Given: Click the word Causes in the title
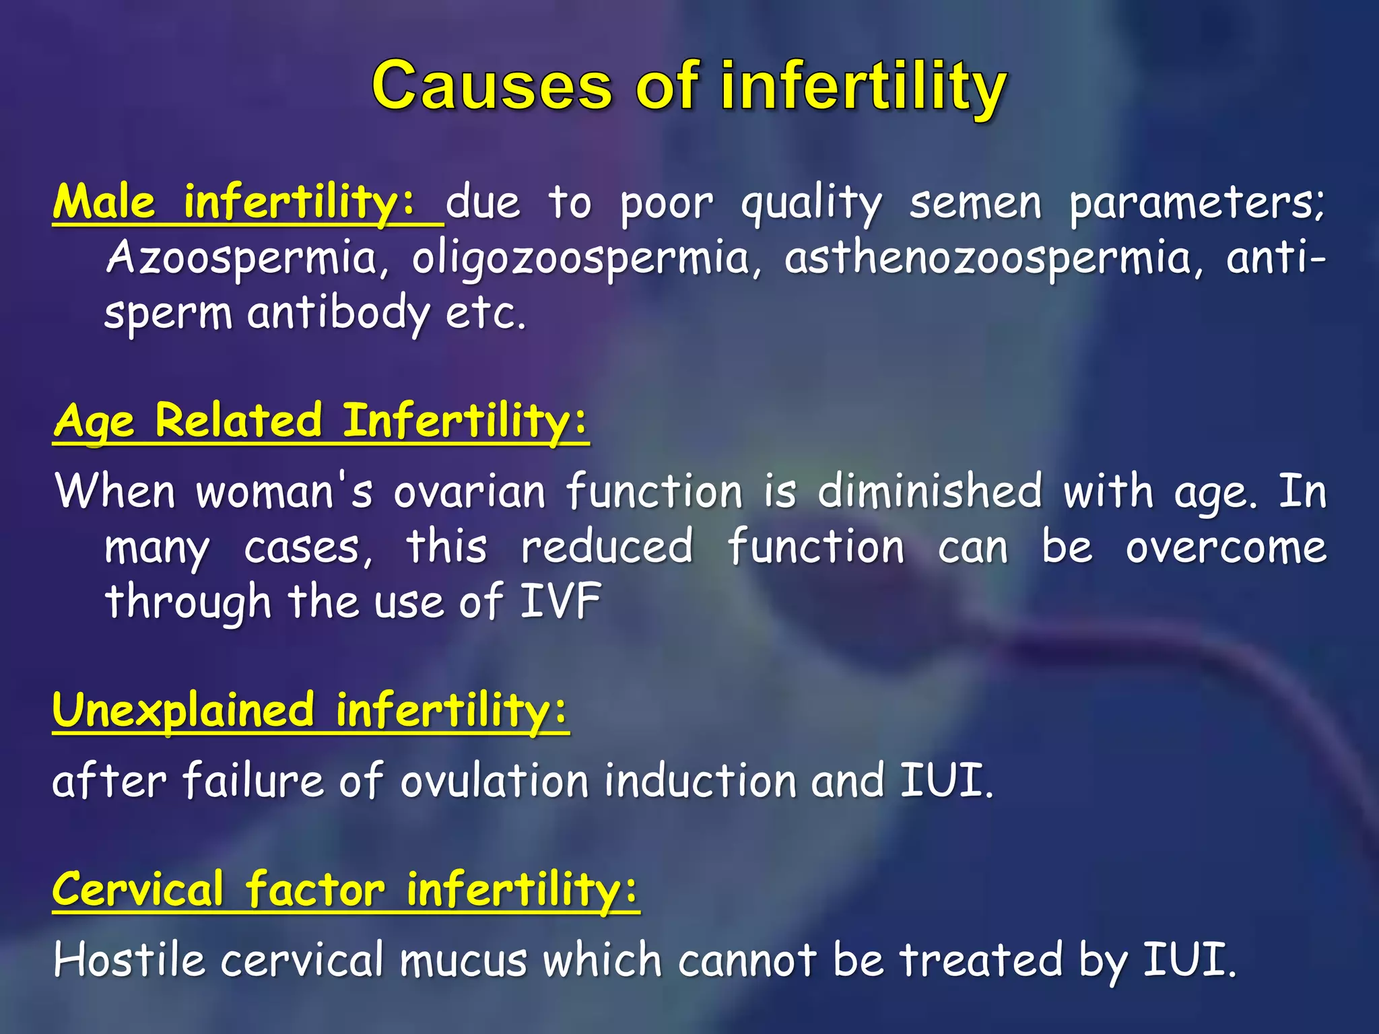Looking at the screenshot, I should (492, 86).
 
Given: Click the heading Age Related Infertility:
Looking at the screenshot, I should (321, 421).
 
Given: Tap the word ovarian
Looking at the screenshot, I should (469, 491).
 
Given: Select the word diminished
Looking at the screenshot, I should (929, 491).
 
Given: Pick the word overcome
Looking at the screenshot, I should (1225, 547).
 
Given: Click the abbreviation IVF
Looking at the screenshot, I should (560, 601).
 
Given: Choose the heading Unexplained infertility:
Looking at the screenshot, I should (310, 710).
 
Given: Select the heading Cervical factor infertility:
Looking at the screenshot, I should (345, 889).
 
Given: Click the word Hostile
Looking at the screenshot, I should (129, 960).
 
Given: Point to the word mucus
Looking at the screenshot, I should (463, 960).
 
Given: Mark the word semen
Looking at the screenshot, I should (974, 203).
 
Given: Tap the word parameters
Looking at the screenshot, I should (1197, 203).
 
